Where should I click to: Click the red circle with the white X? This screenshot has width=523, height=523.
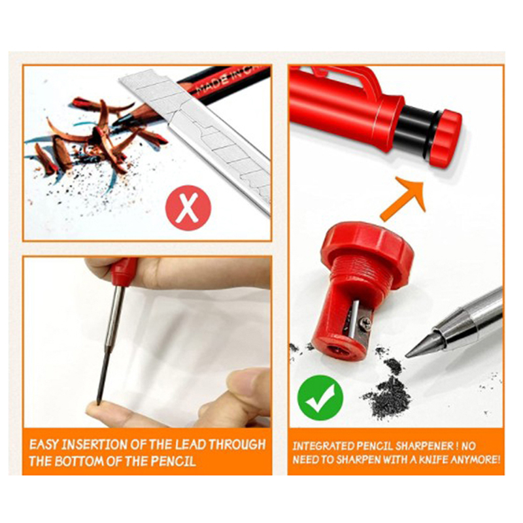[188, 208]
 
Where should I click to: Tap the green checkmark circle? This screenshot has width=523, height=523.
[320, 397]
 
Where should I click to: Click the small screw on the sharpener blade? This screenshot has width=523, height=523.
[365, 324]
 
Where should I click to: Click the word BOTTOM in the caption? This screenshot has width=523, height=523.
[80, 462]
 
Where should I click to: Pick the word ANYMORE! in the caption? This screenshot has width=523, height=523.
[476, 460]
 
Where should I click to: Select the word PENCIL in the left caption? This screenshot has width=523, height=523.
[173, 462]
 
